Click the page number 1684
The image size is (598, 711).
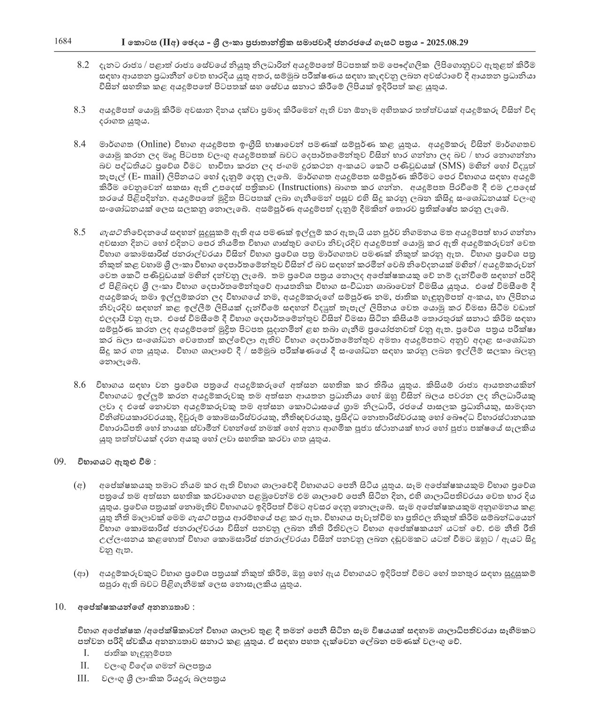click(63, 41)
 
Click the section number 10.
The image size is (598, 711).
click(60, 607)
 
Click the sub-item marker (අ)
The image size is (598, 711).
click(80, 485)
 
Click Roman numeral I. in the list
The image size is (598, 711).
click(86, 653)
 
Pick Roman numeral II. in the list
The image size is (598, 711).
click(85, 666)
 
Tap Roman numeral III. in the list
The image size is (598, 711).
click(83, 678)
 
